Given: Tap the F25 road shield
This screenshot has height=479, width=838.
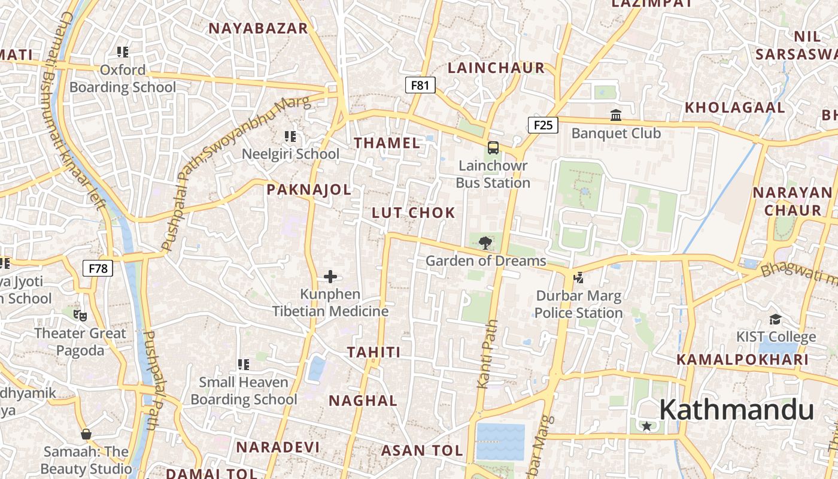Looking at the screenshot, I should pyautogui.click(x=543, y=125).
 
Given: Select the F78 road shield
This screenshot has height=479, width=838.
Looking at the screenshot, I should pyautogui.click(x=98, y=268).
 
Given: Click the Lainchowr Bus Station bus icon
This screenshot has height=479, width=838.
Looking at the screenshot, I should pyautogui.click(x=493, y=147).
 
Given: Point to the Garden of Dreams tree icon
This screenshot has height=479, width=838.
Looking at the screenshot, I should pyautogui.click(x=485, y=243).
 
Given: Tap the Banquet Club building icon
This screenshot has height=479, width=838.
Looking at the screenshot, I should pyautogui.click(x=615, y=115).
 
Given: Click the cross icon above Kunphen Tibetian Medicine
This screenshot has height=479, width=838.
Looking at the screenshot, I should pyautogui.click(x=330, y=277).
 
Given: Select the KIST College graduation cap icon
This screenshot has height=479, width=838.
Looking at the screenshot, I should pyautogui.click(x=775, y=319).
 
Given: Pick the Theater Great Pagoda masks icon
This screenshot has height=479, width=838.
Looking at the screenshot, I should pyautogui.click(x=80, y=315).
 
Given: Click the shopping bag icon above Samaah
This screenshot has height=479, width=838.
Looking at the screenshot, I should pyautogui.click(x=86, y=433).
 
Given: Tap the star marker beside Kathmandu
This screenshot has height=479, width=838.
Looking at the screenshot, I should pyautogui.click(x=646, y=426).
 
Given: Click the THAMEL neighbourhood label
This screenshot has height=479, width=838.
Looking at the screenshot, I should pyautogui.click(x=387, y=143).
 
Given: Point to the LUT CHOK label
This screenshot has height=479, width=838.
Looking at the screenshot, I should pyautogui.click(x=414, y=213).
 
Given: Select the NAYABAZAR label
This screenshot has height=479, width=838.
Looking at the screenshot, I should pyautogui.click(x=258, y=28).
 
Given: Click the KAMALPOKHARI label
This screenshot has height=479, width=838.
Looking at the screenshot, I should pyautogui.click(x=742, y=360).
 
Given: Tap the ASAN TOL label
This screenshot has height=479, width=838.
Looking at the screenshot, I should pyautogui.click(x=422, y=450).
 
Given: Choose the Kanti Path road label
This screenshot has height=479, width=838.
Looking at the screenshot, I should pyautogui.click(x=487, y=353).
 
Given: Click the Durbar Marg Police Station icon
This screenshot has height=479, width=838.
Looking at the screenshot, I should pyautogui.click(x=578, y=277).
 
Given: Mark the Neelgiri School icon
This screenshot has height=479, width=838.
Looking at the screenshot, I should pyautogui.click(x=290, y=137).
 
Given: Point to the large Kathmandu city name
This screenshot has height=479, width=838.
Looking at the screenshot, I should pyautogui.click(x=736, y=411).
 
